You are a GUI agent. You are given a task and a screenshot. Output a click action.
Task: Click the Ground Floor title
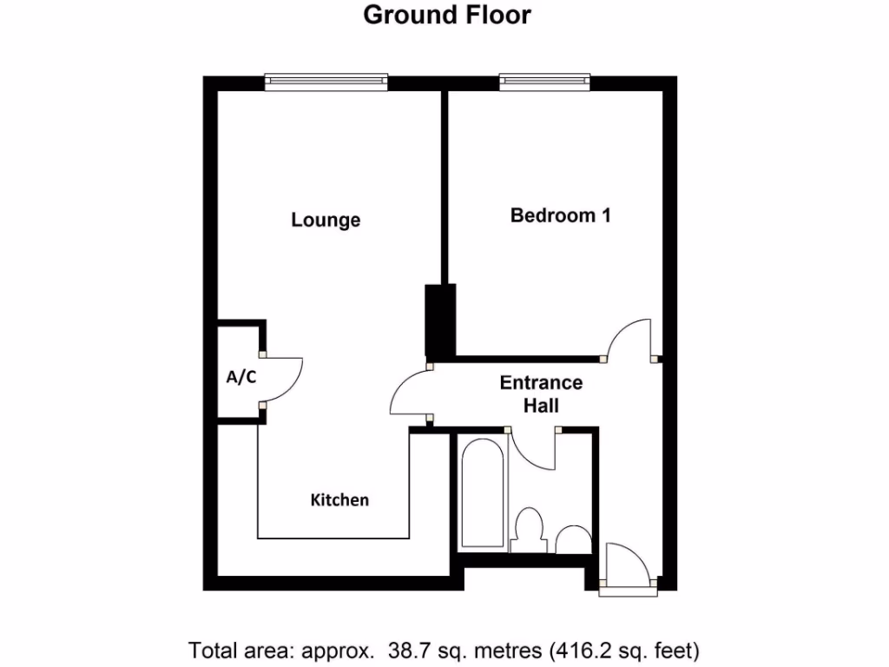[446, 15]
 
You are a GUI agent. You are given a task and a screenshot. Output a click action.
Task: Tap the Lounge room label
[326, 220]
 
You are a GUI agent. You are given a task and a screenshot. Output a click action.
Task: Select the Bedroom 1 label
[560, 215]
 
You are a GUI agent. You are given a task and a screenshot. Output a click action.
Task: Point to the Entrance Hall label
[541, 393]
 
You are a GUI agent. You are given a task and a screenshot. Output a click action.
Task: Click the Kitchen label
[339, 499]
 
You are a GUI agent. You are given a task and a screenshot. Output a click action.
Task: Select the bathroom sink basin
[573, 540]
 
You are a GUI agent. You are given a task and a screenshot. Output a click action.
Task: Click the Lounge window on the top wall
[326, 82]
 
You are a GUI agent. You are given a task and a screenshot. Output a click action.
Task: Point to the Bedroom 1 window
[545, 82]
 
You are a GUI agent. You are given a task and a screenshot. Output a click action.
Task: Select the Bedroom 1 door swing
[629, 340]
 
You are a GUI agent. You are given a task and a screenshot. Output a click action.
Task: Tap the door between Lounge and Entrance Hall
[410, 395]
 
